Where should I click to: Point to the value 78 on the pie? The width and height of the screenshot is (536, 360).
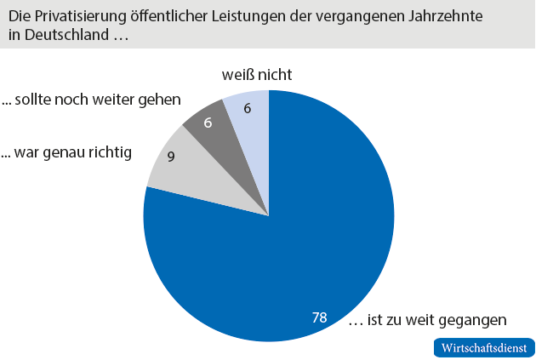(x=319, y=317)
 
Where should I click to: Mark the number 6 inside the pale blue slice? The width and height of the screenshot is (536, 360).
(x=248, y=108)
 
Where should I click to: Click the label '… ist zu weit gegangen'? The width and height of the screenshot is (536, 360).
(x=428, y=320)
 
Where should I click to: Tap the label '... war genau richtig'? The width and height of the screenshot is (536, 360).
(x=66, y=153)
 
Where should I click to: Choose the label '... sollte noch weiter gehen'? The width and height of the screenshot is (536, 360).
(x=91, y=100)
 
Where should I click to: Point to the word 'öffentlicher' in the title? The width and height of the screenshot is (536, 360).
(x=168, y=16)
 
